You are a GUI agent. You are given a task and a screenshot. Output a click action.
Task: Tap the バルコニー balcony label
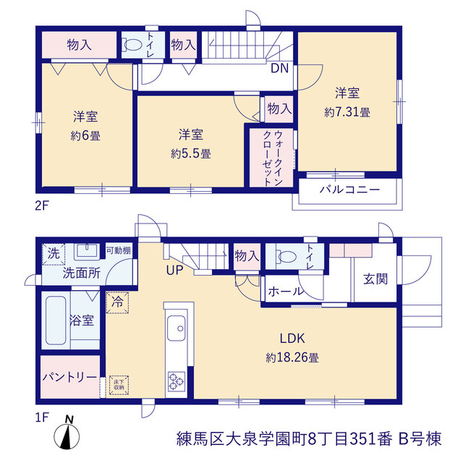349,190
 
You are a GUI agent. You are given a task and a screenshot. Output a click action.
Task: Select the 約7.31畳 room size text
347,112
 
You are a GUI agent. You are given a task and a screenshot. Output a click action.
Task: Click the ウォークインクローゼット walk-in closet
272,158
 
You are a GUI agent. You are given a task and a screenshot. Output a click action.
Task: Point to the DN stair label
279,69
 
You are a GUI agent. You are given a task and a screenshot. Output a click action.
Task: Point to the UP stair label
174,270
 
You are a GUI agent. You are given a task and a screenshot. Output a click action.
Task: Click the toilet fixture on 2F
132,45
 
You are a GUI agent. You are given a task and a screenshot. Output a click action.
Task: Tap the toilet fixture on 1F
286,256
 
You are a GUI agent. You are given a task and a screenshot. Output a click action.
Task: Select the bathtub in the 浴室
56,320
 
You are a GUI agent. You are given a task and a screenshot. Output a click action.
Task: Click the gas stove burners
177,381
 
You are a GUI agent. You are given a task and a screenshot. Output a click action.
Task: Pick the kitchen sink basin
177,328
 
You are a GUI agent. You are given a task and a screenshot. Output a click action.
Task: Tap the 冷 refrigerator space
117,302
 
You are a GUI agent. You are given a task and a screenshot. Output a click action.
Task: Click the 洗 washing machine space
54,254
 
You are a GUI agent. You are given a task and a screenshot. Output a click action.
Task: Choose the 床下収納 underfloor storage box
119,385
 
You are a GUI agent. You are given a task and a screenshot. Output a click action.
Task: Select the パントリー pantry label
69,377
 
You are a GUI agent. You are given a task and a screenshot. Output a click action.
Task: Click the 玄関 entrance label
375,279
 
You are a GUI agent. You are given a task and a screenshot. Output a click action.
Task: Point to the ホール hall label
285,292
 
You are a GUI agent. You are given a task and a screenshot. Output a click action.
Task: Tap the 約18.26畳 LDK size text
292,357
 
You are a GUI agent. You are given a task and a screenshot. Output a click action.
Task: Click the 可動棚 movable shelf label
119,250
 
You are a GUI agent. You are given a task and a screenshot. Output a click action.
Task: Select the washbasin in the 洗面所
87,252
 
